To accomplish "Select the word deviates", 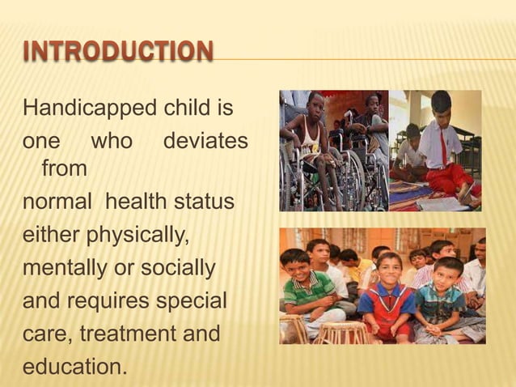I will pyautogui.click(x=205, y=140).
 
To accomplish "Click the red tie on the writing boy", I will pyautogui.click(x=443, y=148).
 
